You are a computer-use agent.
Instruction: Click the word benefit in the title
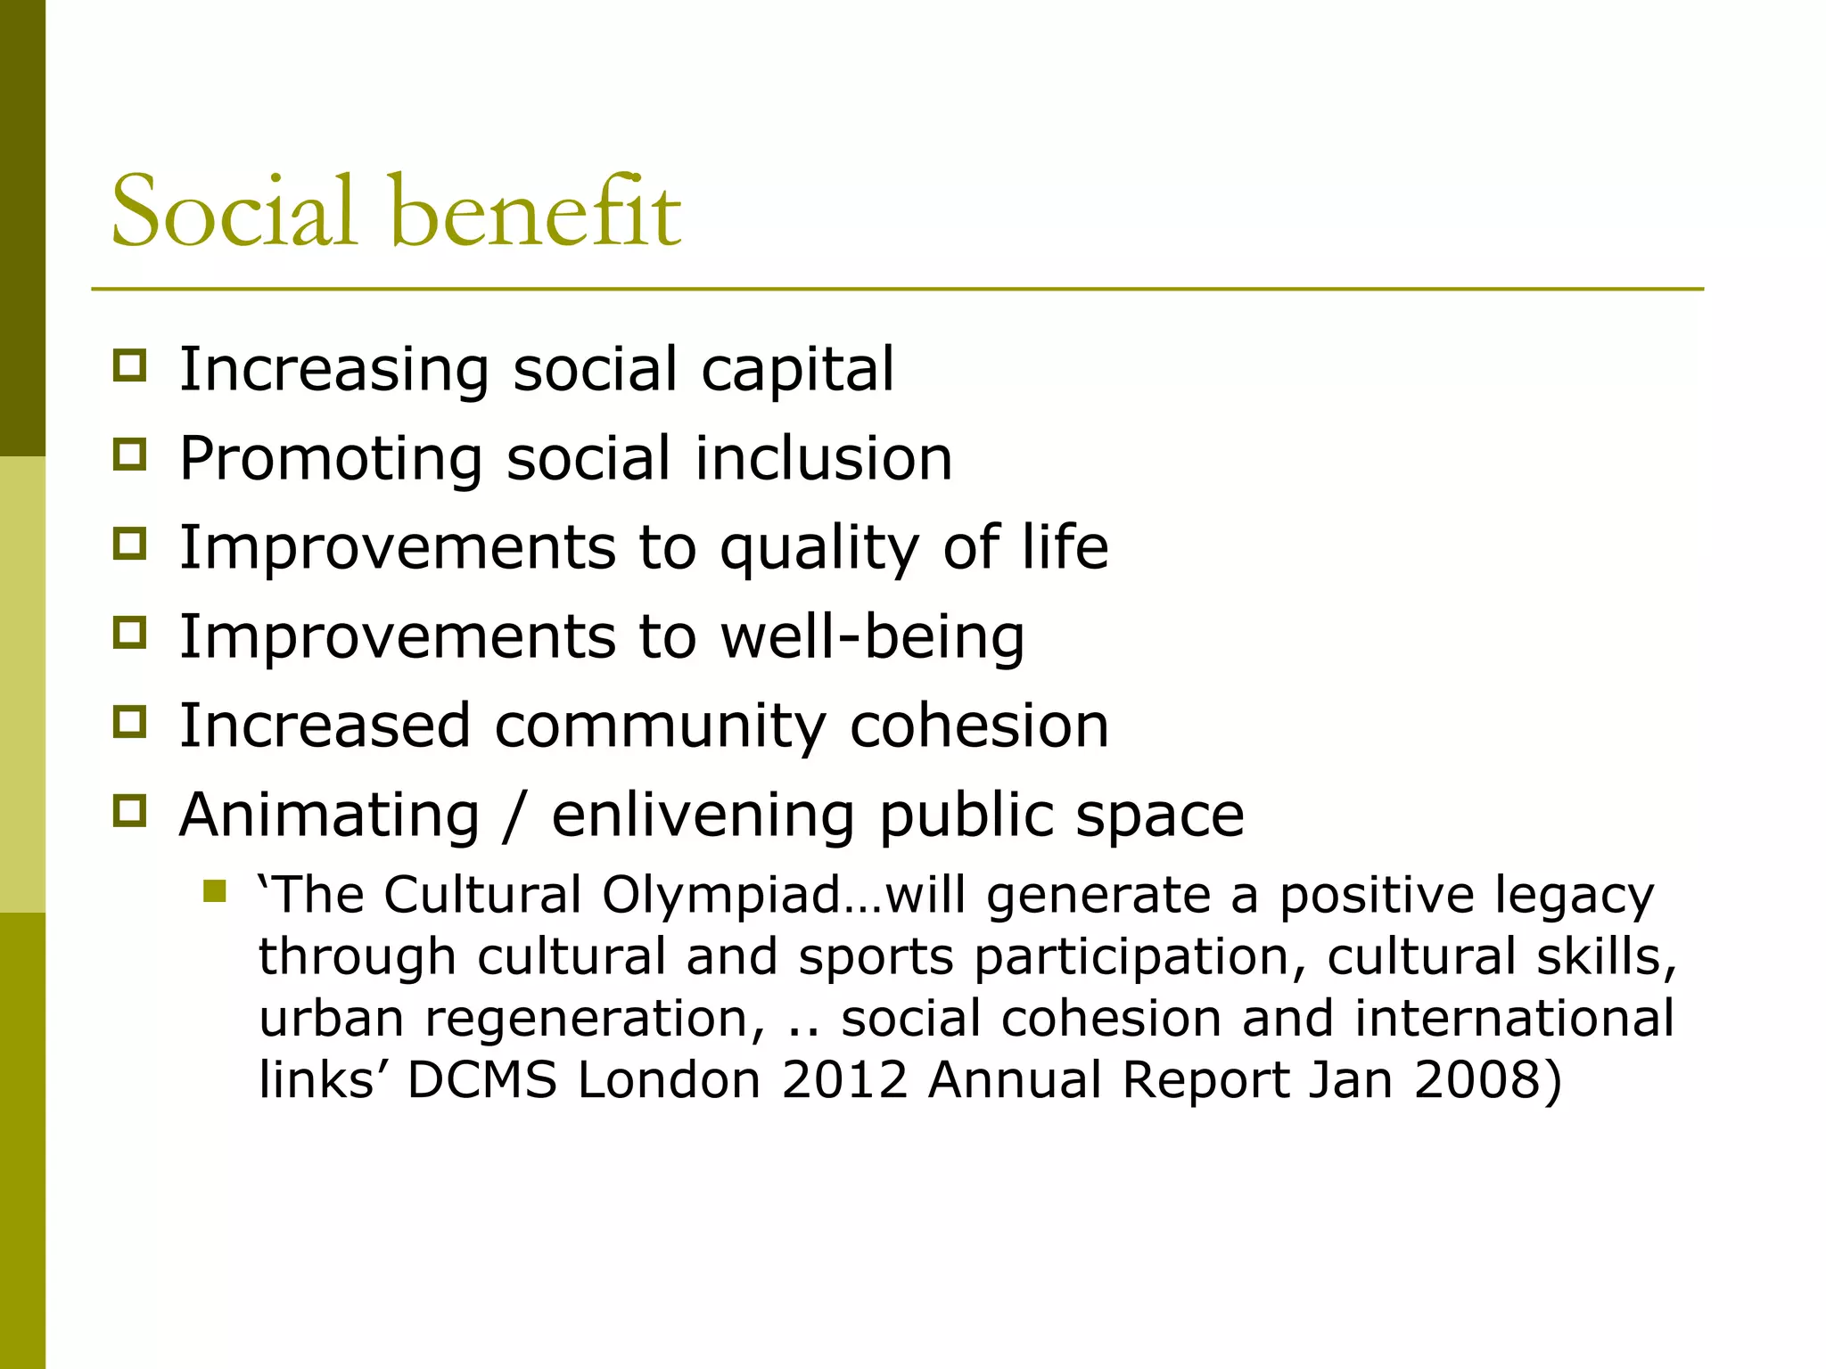(535, 212)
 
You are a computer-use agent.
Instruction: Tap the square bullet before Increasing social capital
(130, 366)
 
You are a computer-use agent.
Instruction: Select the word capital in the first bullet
(797, 370)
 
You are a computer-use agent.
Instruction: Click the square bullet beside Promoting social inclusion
(130, 455)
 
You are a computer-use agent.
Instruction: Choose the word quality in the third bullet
(819, 549)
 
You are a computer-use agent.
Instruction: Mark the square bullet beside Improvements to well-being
(130, 633)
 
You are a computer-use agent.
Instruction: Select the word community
(660, 726)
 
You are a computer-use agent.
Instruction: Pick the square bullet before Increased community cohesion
(130, 721)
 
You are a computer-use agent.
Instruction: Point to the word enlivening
(703, 816)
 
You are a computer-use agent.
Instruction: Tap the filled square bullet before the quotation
(214, 891)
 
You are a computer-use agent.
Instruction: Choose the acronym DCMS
(481, 1079)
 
